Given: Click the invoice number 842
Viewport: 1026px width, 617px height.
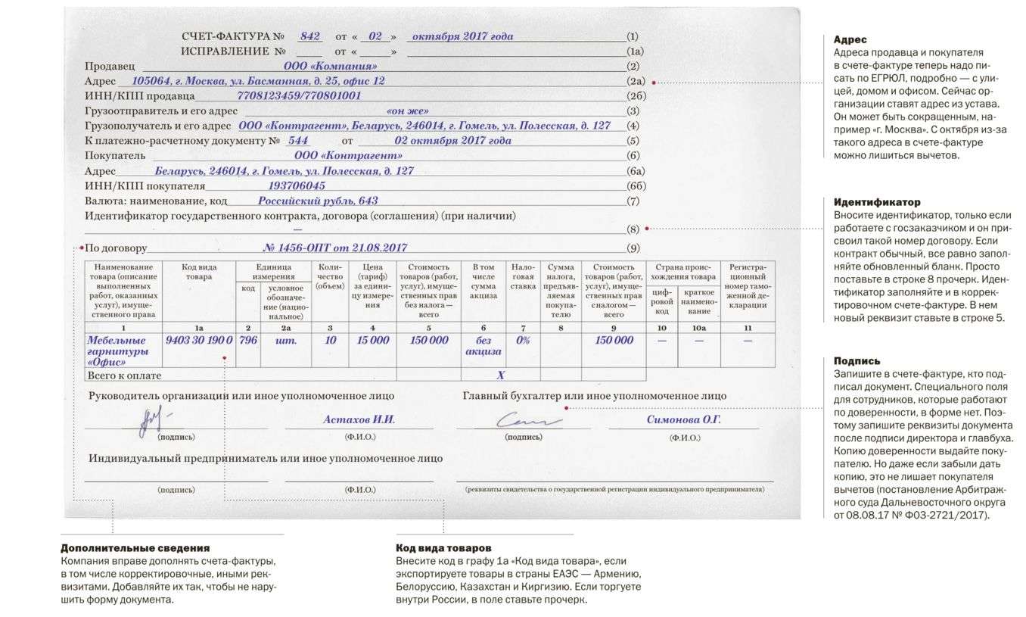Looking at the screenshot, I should [310, 36].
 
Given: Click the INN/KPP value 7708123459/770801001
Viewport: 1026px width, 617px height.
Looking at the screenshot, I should [299, 96].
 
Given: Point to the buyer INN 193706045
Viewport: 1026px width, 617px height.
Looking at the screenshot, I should [297, 185].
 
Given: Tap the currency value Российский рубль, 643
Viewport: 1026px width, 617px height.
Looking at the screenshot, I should [318, 201].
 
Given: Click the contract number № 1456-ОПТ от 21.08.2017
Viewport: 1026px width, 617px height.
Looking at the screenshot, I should [334, 247].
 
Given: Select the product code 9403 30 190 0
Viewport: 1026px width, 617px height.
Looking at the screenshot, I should [198, 341].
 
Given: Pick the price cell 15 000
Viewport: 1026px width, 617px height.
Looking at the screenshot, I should [372, 341].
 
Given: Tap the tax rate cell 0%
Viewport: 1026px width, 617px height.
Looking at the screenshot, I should [523, 341].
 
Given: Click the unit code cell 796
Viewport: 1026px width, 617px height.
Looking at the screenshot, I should [248, 341].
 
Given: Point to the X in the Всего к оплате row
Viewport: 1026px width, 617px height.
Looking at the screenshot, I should [500, 375].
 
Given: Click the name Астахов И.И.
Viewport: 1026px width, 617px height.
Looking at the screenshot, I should [359, 419].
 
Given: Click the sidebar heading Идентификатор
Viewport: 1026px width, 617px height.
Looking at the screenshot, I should [876, 202].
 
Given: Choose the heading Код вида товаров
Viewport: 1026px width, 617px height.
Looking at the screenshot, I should [443, 547].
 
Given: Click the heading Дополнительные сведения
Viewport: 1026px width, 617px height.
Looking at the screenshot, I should [135, 547].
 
